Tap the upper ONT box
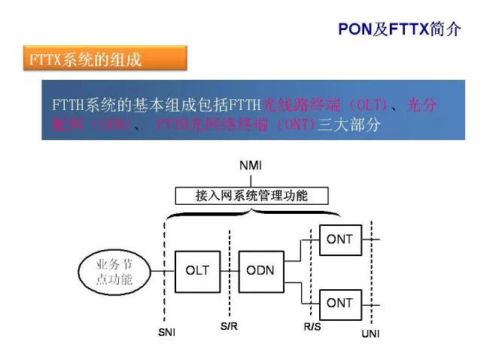coord(339,240)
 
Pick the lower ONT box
coord(339,303)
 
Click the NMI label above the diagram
coord(251,165)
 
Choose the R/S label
coord(312,327)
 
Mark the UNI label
coord(371,332)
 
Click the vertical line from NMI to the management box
coord(251,179)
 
